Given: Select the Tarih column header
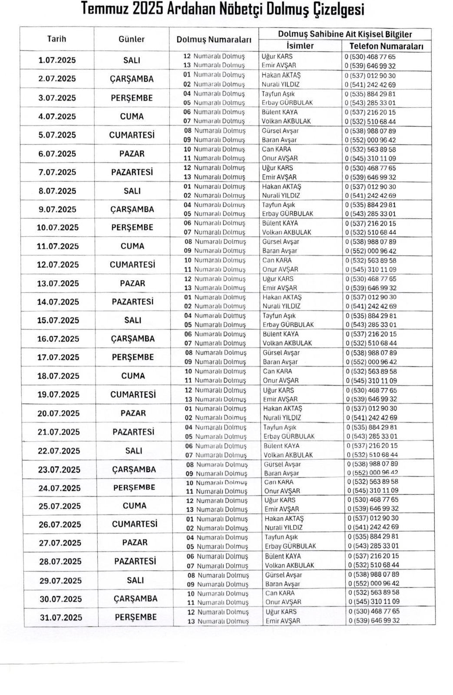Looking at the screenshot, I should [56, 39].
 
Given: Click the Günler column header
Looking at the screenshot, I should [131, 39].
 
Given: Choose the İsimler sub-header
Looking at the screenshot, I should [300, 46].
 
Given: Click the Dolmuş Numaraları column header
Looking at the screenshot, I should [214, 40].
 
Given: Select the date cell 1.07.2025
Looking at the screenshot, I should [57, 60].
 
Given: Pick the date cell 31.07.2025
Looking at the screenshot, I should [61, 617].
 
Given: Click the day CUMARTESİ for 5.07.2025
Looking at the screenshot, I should [132, 135].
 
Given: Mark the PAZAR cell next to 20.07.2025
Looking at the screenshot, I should [133, 413].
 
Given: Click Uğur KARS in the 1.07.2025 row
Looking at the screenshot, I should [277, 56].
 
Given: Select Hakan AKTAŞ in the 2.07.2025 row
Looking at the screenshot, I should [281, 75].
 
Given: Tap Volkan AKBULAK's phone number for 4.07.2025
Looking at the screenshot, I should [370, 122].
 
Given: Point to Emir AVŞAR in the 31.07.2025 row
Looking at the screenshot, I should [283, 621].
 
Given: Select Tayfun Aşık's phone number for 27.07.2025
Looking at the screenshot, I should [373, 537].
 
